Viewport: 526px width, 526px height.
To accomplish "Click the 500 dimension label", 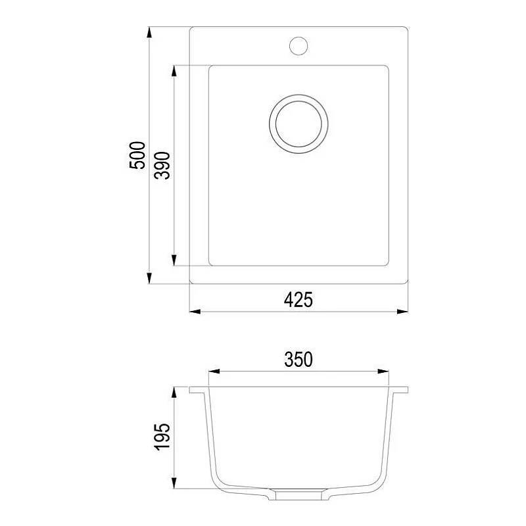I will click(137, 155).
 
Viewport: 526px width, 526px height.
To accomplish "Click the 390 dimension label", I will click(162, 165).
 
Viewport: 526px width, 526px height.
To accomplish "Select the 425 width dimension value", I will click(298, 300).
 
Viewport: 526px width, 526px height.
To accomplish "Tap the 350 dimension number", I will click(298, 360).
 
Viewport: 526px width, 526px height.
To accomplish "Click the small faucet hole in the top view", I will click(299, 45).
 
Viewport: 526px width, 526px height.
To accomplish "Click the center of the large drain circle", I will click(299, 124).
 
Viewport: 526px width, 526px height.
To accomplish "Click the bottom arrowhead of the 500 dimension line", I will click(150, 278).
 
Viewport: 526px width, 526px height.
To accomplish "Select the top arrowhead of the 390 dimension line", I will click(174, 70).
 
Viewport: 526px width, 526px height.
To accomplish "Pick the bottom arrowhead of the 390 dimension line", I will click(174, 261).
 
